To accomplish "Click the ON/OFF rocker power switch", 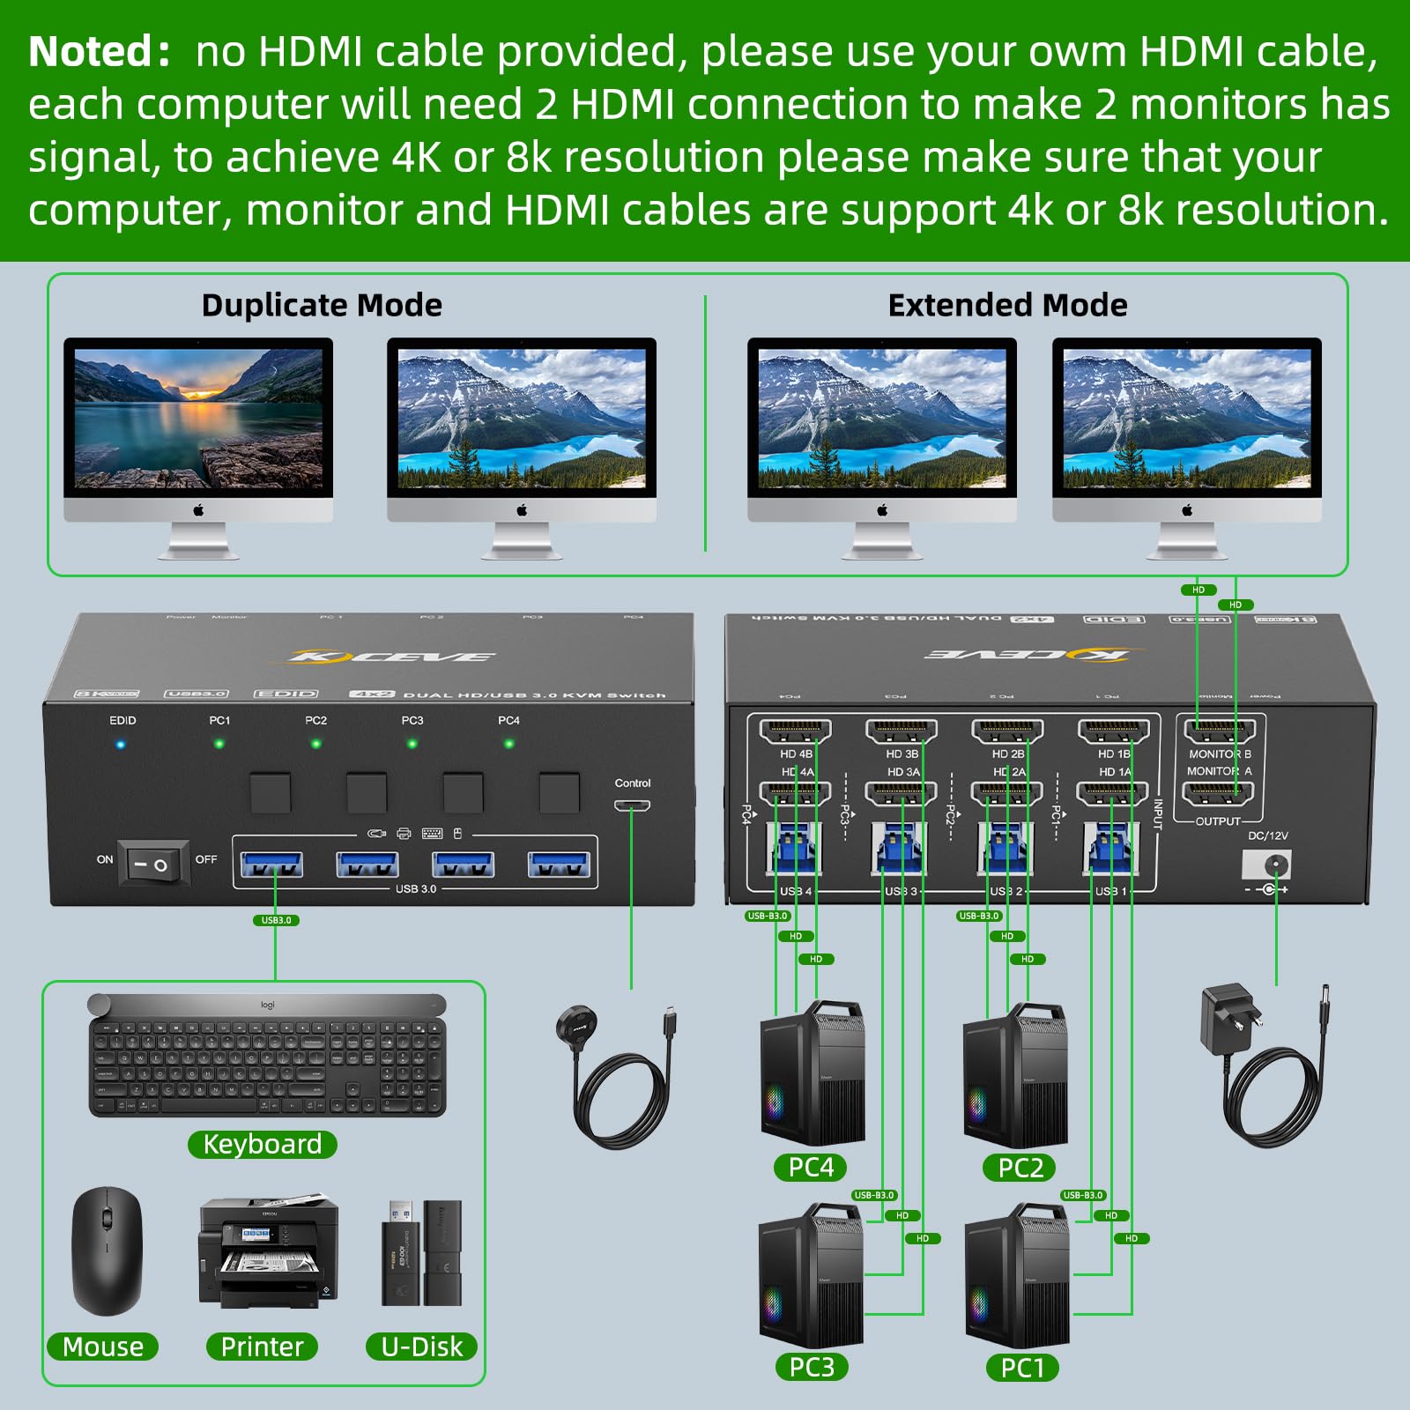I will pyautogui.click(x=154, y=864).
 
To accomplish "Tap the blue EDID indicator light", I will pyautogui.click(x=121, y=745).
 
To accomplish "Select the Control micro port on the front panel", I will pyautogui.click(x=632, y=805).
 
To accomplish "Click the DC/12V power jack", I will pyautogui.click(x=1269, y=865).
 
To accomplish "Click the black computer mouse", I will pyautogui.click(x=107, y=1251).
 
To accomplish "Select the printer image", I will pyautogui.click(x=267, y=1253).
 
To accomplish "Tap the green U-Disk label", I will pyautogui.click(x=421, y=1347).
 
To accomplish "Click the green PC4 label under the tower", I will pyautogui.click(x=811, y=1168).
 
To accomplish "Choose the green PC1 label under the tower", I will pyautogui.click(x=1022, y=1368).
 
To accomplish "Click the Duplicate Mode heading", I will pyautogui.click(x=322, y=305).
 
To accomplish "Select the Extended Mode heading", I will pyautogui.click(x=1007, y=305).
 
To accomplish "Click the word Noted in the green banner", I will pyautogui.click(x=93, y=52).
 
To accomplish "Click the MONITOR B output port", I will pyautogui.click(x=1220, y=732).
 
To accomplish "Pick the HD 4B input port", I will pyautogui.click(x=795, y=732).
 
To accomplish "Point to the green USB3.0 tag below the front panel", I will pyautogui.click(x=276, y=920).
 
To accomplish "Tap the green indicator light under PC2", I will pyautogui.click(x=315, y=744).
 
